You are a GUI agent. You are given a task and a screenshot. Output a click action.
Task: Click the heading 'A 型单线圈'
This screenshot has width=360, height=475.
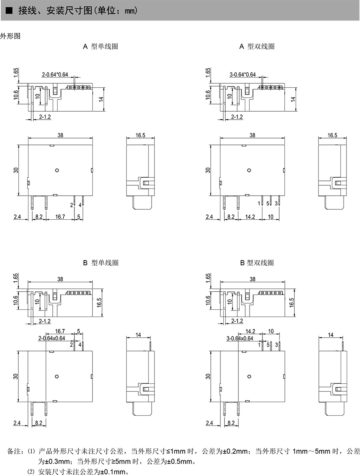tap(100, 46)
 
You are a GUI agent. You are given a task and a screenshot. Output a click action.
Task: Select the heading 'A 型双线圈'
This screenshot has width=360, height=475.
tap(257, 46)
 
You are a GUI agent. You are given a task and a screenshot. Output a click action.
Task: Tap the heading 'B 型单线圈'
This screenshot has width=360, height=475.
tap(101, 263)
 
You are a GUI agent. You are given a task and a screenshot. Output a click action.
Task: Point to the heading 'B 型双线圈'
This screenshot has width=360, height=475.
tap(257, 263)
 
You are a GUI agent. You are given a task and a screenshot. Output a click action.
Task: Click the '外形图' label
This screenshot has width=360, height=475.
tap(10, 36)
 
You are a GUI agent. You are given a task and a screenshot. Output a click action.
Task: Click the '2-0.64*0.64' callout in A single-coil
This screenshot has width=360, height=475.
tap(55, 74)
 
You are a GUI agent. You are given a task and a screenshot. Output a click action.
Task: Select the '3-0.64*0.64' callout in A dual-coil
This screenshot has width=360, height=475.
tap(242, 74)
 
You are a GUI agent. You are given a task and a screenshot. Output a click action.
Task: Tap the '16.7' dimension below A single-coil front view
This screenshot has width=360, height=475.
tap(60, 216)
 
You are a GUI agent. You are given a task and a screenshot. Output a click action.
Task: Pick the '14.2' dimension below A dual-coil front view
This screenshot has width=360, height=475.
tap(250, 216)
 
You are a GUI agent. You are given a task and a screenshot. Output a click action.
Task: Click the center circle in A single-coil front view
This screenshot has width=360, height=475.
tap(57, 170)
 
